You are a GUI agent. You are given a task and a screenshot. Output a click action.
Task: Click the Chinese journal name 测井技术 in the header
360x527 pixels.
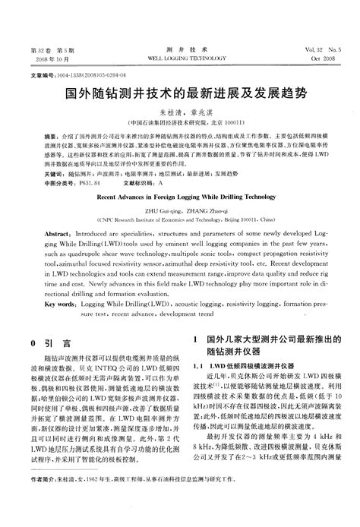180,48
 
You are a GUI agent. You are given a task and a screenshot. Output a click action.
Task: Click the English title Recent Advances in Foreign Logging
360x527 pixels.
180,196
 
